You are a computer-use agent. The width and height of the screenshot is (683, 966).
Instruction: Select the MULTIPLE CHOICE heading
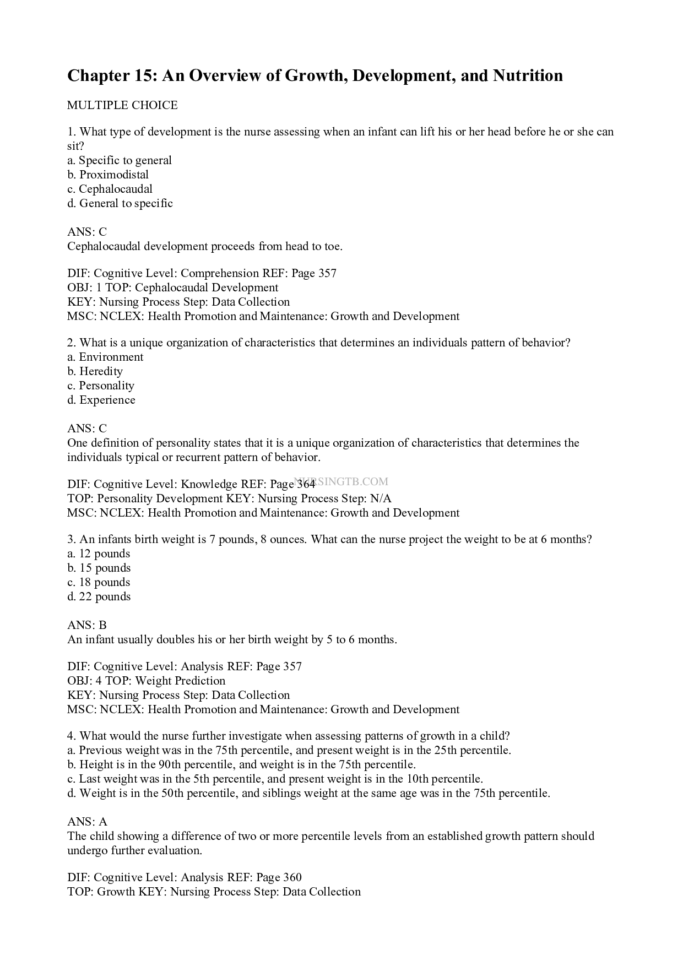coord(122,105)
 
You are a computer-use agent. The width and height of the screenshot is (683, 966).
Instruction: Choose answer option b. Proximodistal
coord(108,175)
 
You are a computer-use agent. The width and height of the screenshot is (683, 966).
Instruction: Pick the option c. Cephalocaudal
coord(110,189)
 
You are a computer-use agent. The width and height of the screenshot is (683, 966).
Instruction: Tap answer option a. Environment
coord(105,357)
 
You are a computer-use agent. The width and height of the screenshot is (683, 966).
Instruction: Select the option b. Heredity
coord(95,371)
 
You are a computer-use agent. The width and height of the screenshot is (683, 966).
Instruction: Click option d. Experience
coord(101,400)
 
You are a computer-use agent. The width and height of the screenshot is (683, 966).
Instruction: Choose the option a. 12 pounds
coord(99,553)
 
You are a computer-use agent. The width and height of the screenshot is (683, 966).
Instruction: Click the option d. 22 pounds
coord(99,596)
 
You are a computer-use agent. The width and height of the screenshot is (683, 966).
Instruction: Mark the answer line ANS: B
coord(87,625)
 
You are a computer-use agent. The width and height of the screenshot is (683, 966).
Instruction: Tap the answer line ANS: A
coord(87,822)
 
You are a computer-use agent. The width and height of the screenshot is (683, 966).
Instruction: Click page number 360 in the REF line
coord(292,877)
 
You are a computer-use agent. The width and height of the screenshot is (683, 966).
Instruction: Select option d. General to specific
coord(120,203)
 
